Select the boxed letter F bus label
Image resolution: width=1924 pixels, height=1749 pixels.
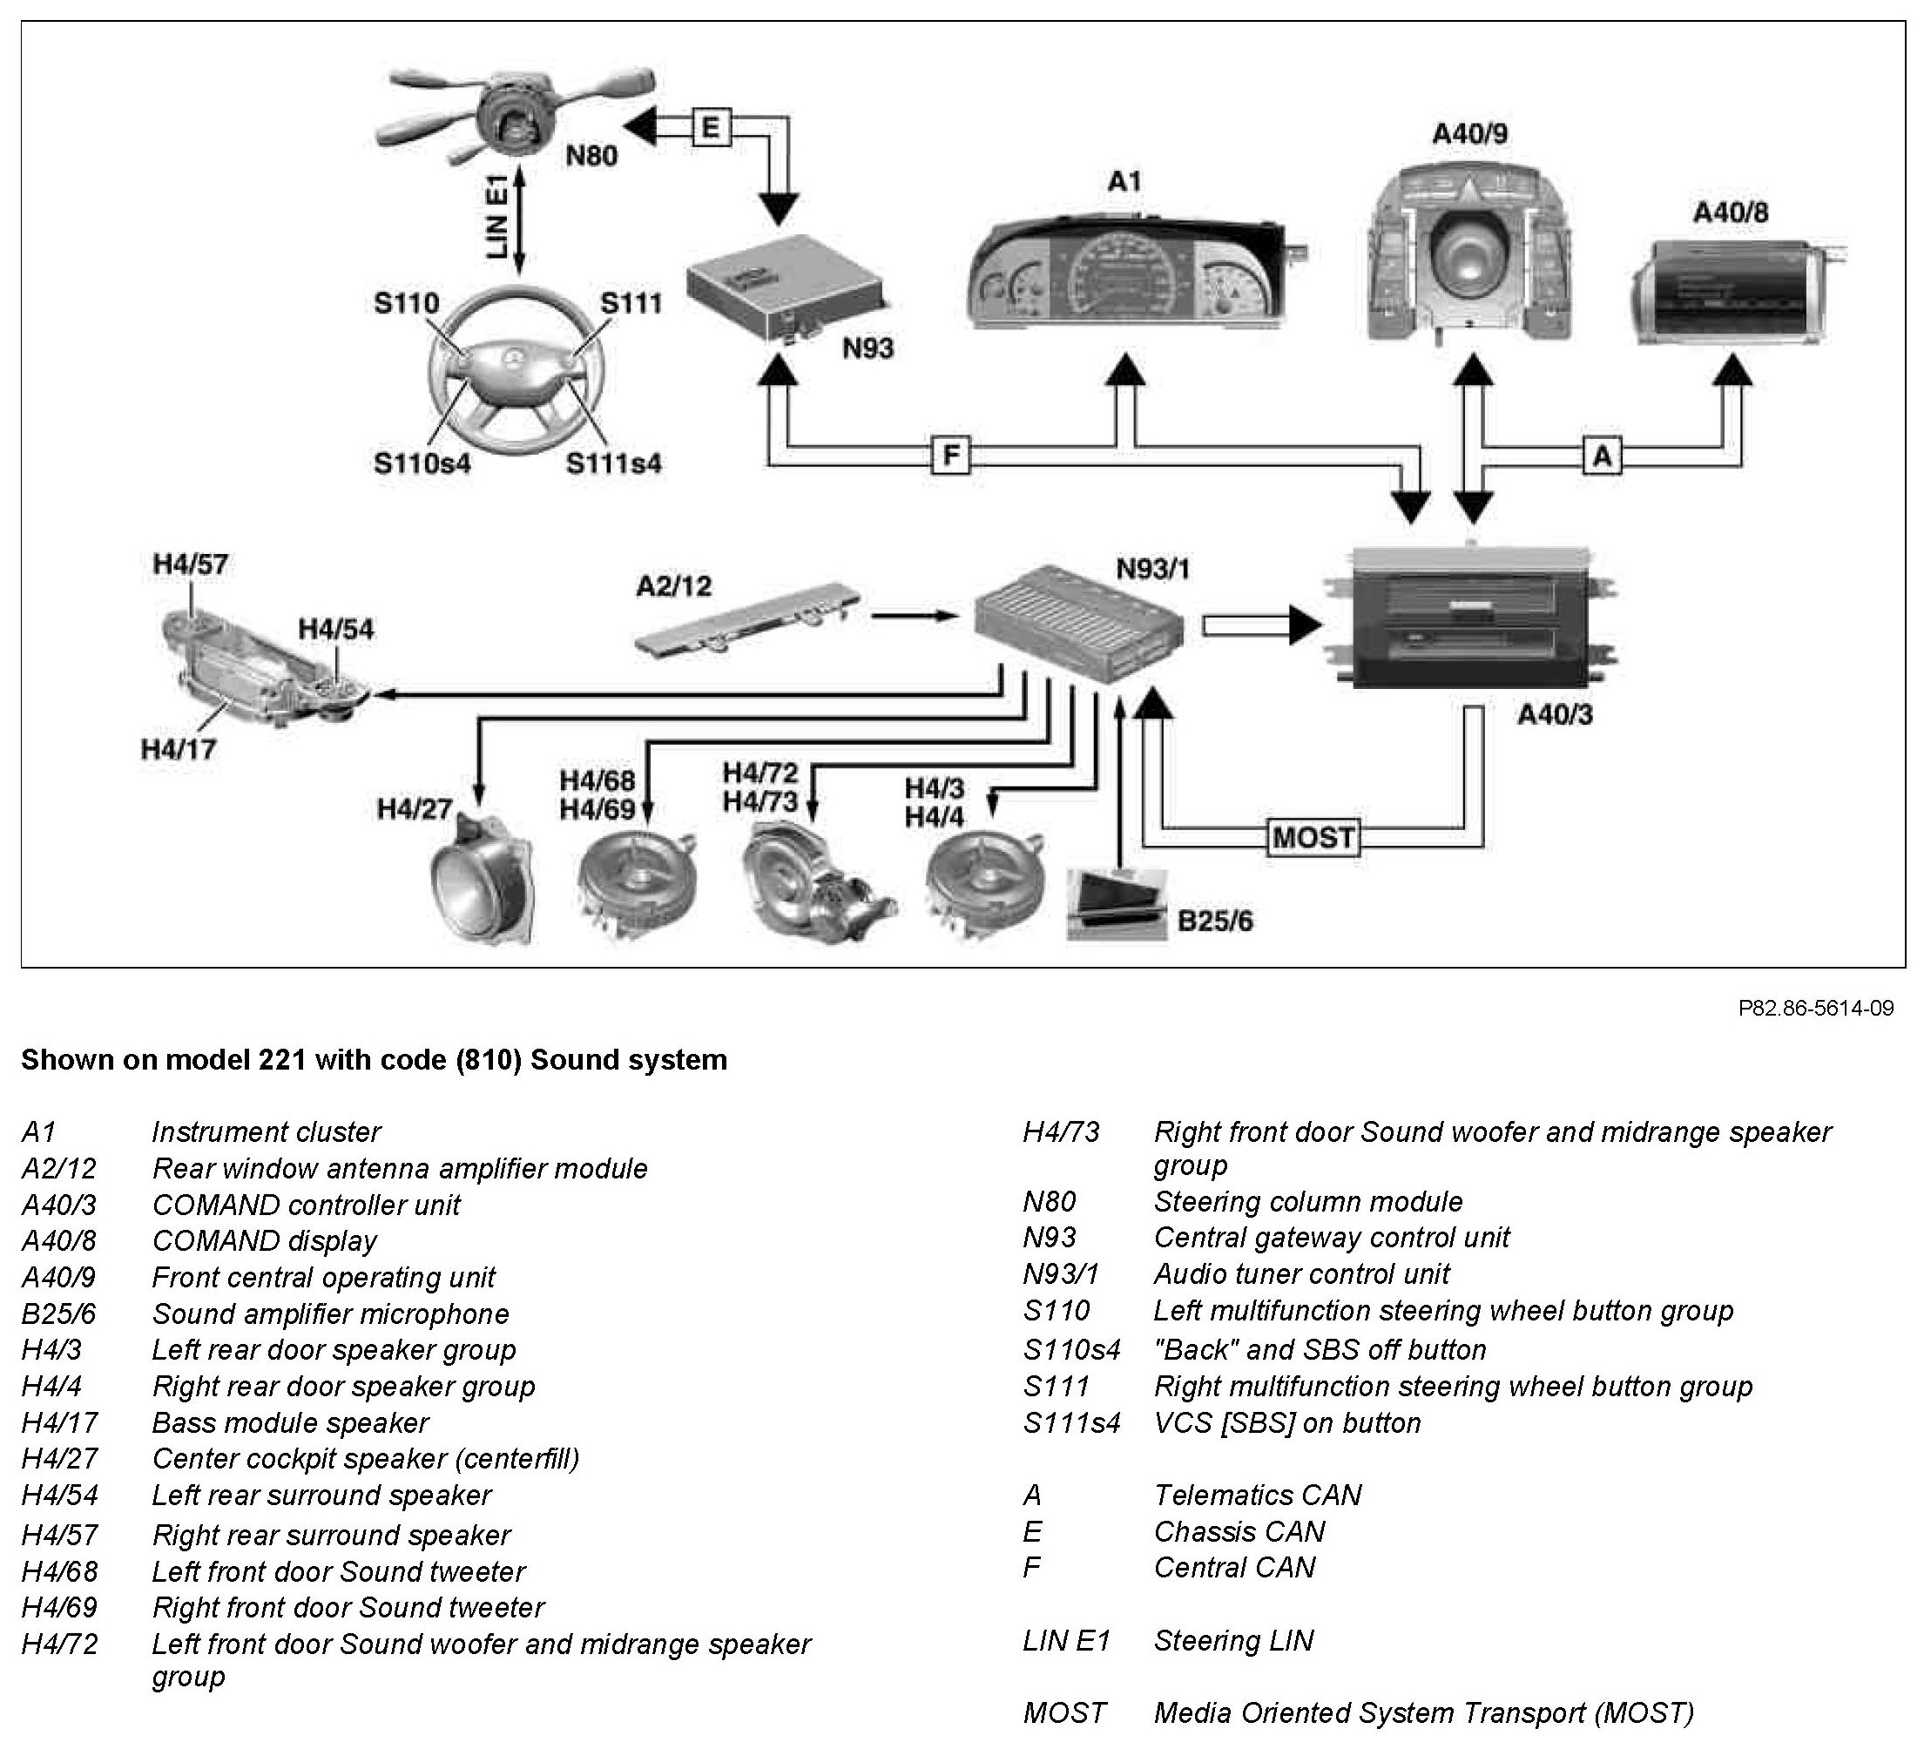pyautogui.click(x=950, y=456)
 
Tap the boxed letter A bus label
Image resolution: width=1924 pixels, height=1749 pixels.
pyautogui.click(x=1603, y=456)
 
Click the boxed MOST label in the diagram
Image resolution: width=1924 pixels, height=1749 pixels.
pyautogui.click(x=1313, y=838)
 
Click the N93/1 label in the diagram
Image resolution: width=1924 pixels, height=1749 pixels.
pyautogui.click(x=1153, y=570)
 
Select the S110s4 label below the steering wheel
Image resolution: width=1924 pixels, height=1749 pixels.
pyautogui.click(x=422, y=463)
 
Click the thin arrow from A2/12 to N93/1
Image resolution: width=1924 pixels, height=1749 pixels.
pyautogui.click(x=915, y=617)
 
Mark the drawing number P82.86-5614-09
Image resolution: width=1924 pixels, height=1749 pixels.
pyautogui.click(x=1815, y=1009)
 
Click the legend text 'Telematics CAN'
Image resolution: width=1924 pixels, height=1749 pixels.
pyautogui.click(x=1257, y=1495)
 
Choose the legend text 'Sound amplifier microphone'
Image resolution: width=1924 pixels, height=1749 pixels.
pyautogui.click(x=330, y=1313)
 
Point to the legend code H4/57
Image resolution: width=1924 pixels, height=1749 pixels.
pyautogui.click(x=59, y=1536)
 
